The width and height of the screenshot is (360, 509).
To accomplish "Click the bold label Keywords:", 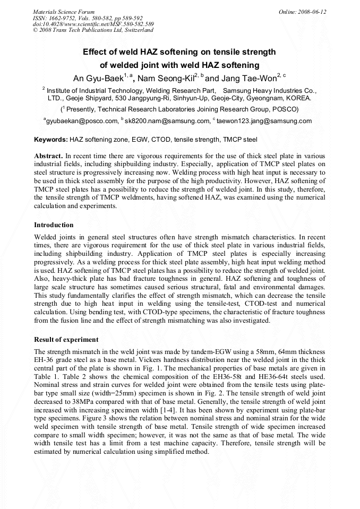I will click(50, 140).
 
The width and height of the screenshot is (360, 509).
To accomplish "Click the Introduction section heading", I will click(54, 225).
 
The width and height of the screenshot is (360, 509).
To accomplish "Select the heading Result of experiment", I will click(66, 339).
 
